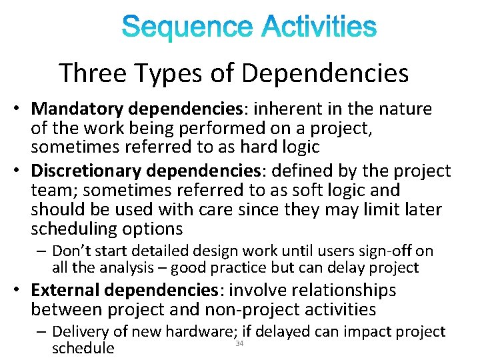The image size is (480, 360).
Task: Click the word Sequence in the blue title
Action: [x=187, y=28]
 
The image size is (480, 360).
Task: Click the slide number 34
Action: [x=239, y=343]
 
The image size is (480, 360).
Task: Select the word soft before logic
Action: [x=315, y=191]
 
